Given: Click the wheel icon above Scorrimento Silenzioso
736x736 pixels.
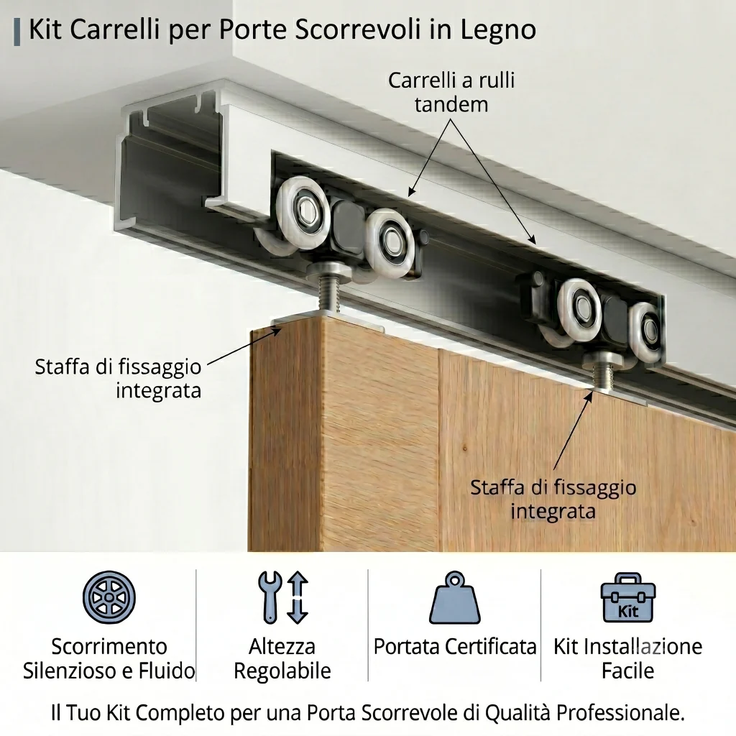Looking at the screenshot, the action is [109, 597].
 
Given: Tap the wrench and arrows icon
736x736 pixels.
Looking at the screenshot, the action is [283, 597].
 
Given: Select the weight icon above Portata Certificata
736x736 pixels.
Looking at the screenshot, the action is [454, 597].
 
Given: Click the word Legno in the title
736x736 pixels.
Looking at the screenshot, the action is [498, 30].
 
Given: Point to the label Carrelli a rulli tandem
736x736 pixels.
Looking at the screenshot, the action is [451, 92].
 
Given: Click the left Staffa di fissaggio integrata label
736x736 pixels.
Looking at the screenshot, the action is [119, 378].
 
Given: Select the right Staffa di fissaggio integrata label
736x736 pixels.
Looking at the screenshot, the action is [553, 499].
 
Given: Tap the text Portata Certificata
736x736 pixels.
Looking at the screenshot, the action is [454, 647].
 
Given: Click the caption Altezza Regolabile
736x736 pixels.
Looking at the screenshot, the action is [282, 658].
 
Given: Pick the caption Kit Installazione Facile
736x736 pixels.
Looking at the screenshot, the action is [628, 658].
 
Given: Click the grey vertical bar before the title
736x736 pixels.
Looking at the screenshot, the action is [17, 32].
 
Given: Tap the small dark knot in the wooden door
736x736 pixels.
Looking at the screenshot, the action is [465, 448].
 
